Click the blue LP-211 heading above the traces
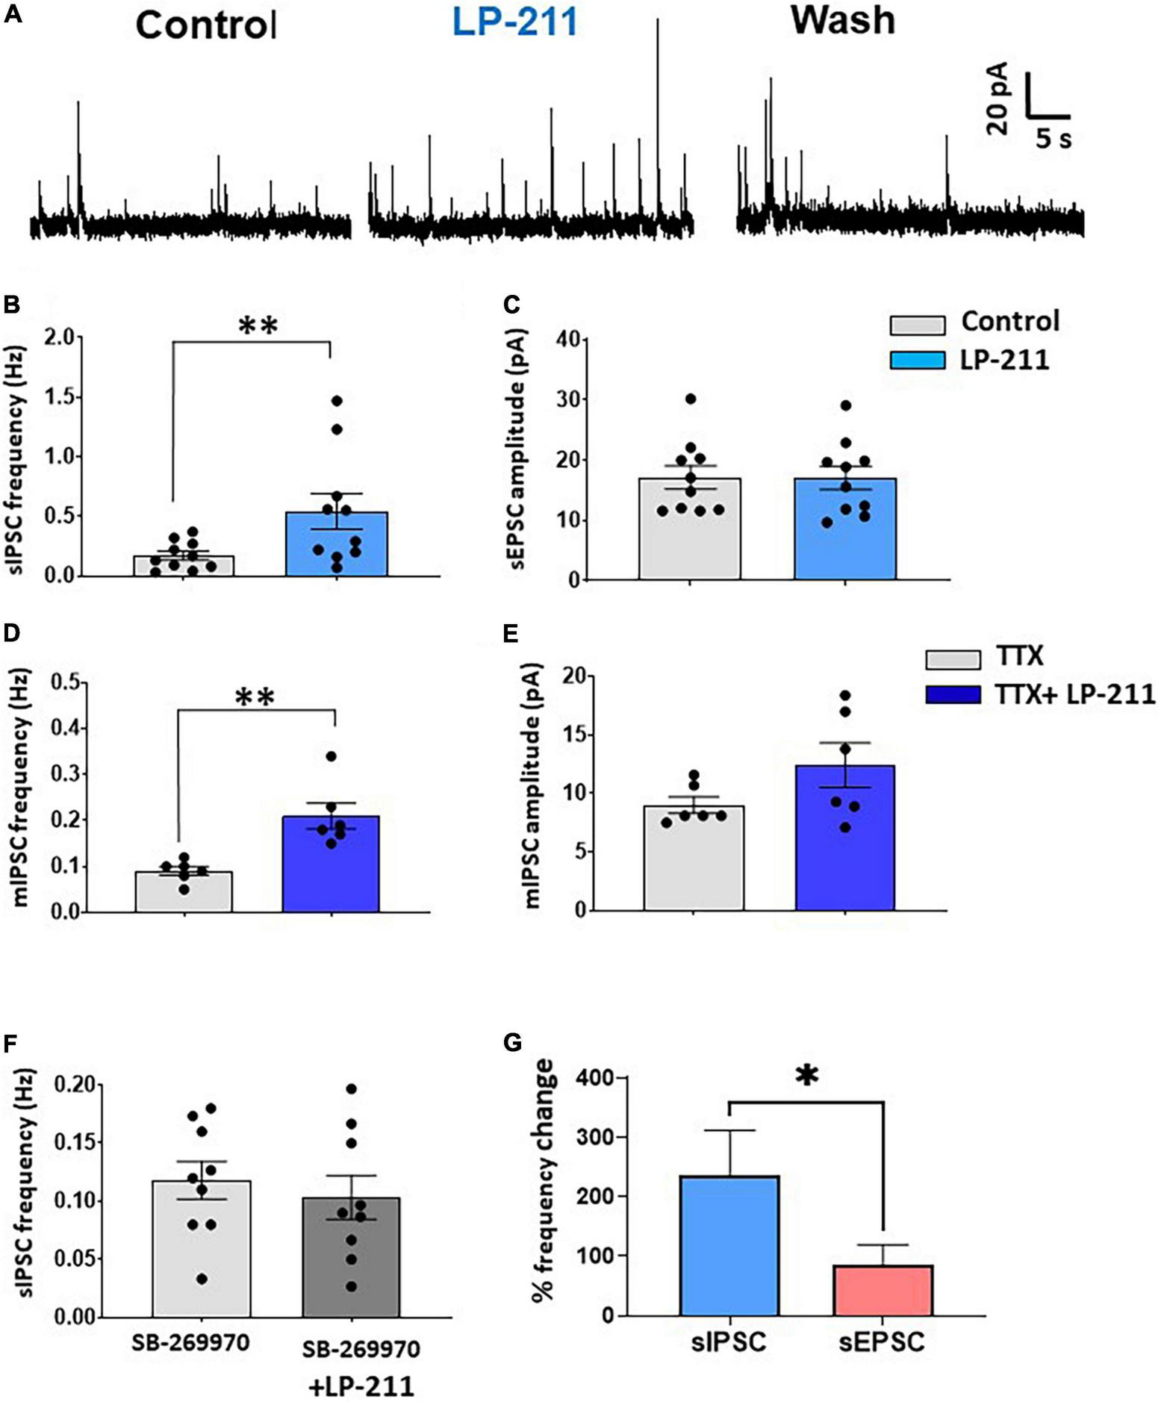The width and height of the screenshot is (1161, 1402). click(515, 22)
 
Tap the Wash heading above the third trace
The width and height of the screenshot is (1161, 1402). click(843, 20)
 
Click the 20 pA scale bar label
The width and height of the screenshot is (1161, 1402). click(997, 98)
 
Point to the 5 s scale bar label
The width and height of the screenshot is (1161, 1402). click(1053, 138)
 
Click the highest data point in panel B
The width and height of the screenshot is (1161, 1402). click(337, 401)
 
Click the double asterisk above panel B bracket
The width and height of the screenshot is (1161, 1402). click(258, 326)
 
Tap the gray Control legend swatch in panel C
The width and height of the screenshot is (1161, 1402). click(918, 325)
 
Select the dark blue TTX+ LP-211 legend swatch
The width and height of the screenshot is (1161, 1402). click(953, 695)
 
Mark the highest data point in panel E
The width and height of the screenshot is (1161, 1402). click(845, 696)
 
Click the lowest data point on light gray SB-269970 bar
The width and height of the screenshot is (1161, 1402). click(202, 1280)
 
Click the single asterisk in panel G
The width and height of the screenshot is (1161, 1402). click(807, 1076)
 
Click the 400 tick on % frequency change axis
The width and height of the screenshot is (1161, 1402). click(594, 1079)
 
